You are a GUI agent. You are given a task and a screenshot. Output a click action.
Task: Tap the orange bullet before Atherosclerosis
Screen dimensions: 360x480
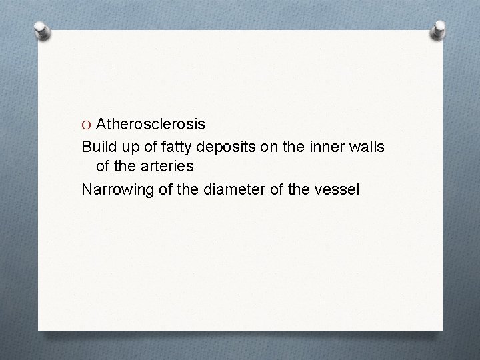point(87,125)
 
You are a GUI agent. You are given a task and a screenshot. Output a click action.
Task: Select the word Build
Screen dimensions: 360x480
point(96,146)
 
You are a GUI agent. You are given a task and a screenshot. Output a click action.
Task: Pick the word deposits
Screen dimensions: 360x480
point(217,147)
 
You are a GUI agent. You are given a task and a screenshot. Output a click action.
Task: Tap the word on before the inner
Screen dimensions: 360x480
point(257,146)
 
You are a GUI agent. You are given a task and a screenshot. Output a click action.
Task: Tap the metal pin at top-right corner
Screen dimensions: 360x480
point(439,29)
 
